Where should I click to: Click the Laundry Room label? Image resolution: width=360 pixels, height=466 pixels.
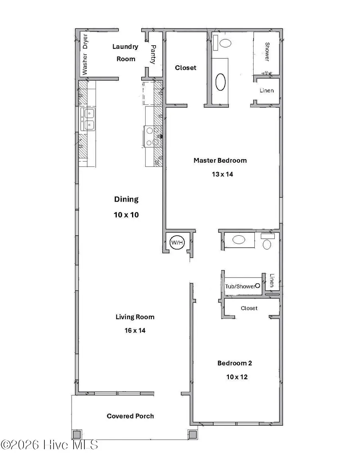[125, 52]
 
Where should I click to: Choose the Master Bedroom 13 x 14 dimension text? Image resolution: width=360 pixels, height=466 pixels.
[220, 174]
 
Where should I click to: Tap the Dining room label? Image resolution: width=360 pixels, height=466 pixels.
[126, 199]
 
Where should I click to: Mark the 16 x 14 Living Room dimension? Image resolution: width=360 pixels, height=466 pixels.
[135, 330]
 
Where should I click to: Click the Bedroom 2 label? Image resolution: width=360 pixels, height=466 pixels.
[234, 363]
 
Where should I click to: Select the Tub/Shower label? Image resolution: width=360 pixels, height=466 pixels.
[240, 286]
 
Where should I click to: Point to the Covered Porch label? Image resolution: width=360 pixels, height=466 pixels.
[130, 416]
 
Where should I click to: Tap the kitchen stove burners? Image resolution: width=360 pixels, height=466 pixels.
[152, 136]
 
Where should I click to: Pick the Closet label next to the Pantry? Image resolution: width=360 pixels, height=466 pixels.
[186, 68]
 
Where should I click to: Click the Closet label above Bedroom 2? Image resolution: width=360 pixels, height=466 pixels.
[249, 308]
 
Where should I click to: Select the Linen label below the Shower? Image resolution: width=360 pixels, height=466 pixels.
[267, 90]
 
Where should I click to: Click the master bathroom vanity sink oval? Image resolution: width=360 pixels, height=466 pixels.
[220, 82]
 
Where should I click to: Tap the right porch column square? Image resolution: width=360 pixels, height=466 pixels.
[192, 434]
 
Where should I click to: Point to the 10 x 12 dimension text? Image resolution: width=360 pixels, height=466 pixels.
[234, 377]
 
